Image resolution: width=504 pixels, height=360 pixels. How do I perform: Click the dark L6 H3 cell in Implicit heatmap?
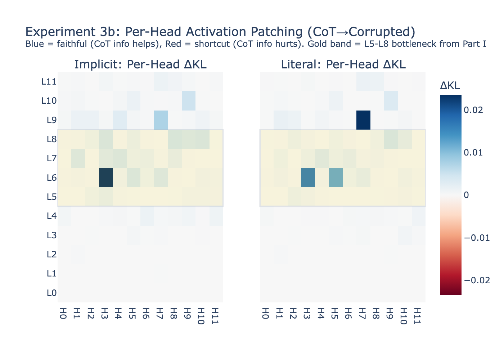pyautogui.click(x=106, y=177)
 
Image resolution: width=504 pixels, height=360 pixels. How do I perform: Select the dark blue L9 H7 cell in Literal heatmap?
pyautogui.click(x=363, y=120)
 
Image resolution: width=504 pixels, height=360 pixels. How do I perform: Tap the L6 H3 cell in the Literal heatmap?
pyautogui.click(x=308, y=177)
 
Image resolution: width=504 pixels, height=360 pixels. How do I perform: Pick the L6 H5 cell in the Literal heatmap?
pyautogui.click(x=336, y=177)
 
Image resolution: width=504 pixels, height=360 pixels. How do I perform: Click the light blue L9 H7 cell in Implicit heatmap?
pyautogui.click(x=161, y=120)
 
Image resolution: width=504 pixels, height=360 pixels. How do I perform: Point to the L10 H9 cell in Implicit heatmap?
pyautogui.click(x=189, y=101)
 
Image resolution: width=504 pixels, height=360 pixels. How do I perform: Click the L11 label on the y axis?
pyautogui.click(x=49, y=82)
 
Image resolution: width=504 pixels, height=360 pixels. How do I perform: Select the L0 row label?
pyautogui.click(x=51, y=293)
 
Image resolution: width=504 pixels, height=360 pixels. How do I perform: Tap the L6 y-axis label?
pyautogui.click(x=51, y=177)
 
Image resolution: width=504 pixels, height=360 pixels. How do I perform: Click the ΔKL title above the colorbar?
pyautogui.click(x=450, y=85)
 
